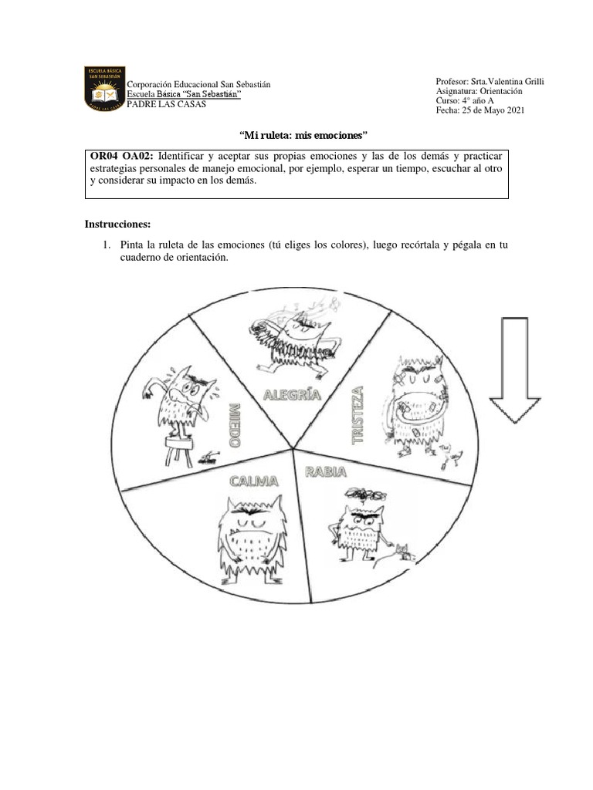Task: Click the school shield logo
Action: coord(103,89)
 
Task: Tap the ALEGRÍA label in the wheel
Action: coord(292,396)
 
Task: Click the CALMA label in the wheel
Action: coord(252,482)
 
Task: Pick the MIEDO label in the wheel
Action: coord(233,424)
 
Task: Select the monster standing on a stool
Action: coord(178,409)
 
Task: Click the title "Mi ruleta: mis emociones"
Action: coord(296,133)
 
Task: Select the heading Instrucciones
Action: coord(117,225)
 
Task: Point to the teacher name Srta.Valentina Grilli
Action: coord(505,81)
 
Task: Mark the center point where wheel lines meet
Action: coord(293,447)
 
